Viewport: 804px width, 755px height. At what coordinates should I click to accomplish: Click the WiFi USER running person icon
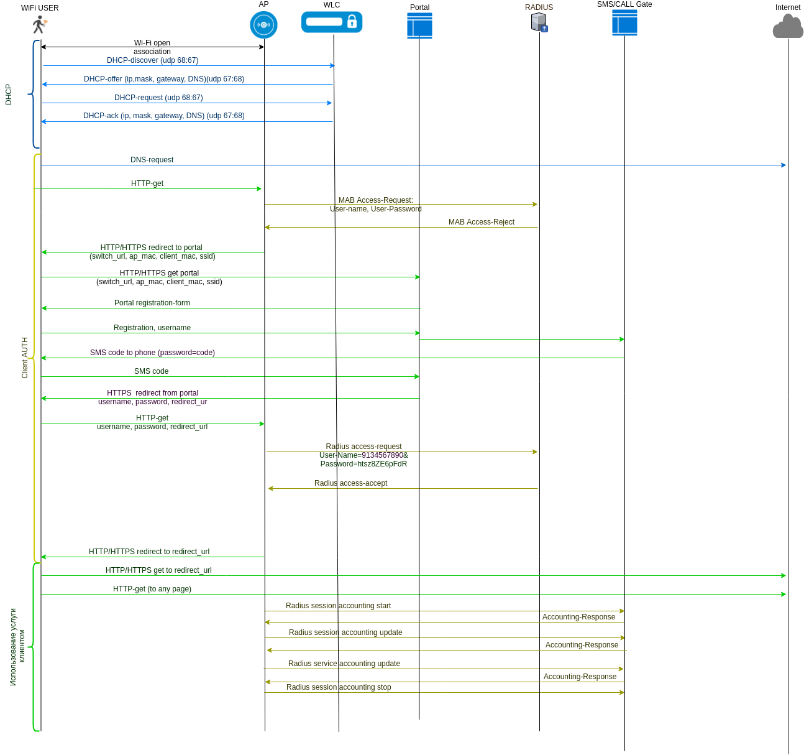40,25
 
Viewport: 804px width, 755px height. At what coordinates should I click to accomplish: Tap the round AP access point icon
263,25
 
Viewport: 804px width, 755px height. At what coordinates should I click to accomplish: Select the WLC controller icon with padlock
332,22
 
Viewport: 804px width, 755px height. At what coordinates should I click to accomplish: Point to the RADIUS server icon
539,22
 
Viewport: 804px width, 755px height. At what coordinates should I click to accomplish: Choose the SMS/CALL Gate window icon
624,23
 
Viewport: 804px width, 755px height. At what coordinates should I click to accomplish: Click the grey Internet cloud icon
788,27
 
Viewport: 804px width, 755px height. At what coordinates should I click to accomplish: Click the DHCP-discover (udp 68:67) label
152,60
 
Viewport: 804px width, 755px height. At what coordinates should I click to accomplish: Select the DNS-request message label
152,160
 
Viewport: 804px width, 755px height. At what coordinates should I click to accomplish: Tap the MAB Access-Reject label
482,222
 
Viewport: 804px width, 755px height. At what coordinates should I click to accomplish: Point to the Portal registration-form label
152,303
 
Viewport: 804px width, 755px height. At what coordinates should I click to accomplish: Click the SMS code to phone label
152,353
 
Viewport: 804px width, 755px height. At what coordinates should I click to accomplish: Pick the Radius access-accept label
350,483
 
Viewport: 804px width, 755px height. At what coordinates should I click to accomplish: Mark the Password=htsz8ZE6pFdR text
363,464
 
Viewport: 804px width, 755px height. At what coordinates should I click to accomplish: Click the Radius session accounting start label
338,606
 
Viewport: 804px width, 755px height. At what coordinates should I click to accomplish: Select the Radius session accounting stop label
339,687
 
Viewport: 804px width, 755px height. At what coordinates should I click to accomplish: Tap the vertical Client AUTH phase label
25,358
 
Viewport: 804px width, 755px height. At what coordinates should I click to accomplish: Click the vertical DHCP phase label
9,95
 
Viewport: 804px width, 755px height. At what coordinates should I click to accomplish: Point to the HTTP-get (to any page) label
152,589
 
